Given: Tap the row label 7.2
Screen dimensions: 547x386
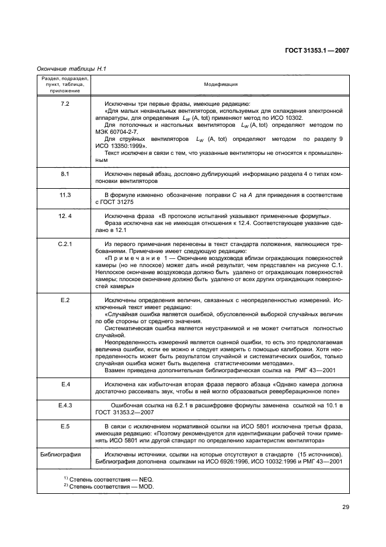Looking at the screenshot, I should pos(65,103).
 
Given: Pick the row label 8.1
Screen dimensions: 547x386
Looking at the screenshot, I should pos(65,174).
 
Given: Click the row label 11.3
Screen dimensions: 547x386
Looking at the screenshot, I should pos(65,194).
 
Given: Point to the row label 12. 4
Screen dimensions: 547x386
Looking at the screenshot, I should pos(65,216).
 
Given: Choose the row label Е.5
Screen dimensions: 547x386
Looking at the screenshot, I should pos(65,426).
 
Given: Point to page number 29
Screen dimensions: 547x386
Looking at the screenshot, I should pos(345,507).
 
